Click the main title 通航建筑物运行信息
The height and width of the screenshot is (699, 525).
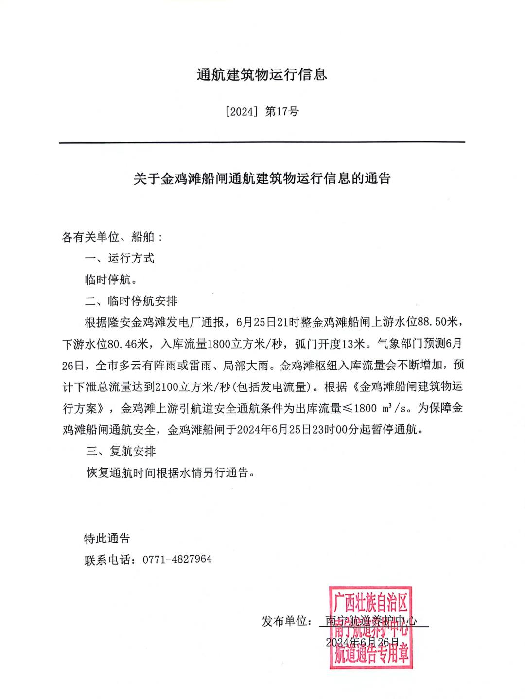coord(262,75)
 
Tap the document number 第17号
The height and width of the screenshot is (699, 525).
coord(282,112)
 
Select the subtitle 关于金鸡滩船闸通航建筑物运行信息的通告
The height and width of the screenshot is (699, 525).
coord(262,178)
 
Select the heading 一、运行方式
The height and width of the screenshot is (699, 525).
coord(120,258)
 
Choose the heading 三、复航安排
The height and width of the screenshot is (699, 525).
coord(121,451)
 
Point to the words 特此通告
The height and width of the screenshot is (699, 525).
coord(107,538)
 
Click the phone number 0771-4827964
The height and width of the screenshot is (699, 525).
coord(177,559)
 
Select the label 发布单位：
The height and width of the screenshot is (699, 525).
coord(287,621)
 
